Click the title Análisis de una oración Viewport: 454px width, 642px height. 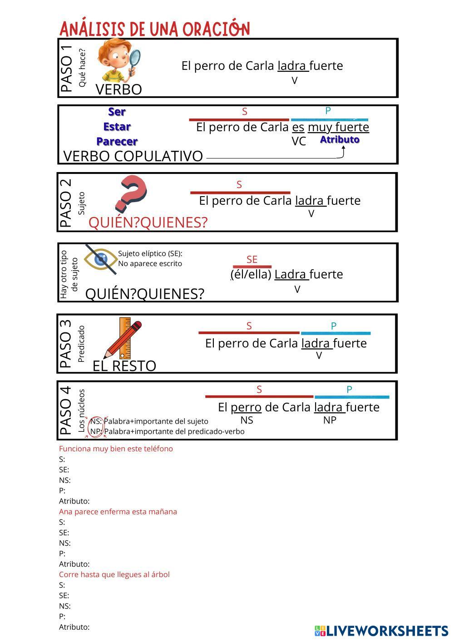[154, 29]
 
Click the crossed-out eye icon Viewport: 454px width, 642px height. [101, 259]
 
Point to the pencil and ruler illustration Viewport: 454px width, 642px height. [123, 339]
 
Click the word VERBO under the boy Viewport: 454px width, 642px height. [118, 89]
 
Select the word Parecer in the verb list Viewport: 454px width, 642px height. [117, 141]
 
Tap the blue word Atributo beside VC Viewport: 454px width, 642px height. [340, 140]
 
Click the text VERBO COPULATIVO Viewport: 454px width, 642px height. [133, 156]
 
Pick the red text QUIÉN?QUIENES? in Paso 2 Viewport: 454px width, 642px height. [148, 222]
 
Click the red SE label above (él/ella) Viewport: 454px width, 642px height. [252, 259]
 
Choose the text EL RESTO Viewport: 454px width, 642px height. [124, 366]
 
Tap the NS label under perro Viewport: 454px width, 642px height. [247, 420]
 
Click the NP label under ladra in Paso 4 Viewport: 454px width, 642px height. [330, 420]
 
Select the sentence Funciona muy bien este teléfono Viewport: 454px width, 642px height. [116, 449]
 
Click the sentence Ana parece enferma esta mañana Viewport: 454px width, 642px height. [118, 512]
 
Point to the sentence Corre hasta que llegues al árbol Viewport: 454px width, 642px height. [114, 574]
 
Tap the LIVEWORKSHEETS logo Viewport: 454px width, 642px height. [381, 631]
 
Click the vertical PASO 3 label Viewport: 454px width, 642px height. [66, 343]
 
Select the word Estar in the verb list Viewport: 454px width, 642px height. [117, 127]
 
